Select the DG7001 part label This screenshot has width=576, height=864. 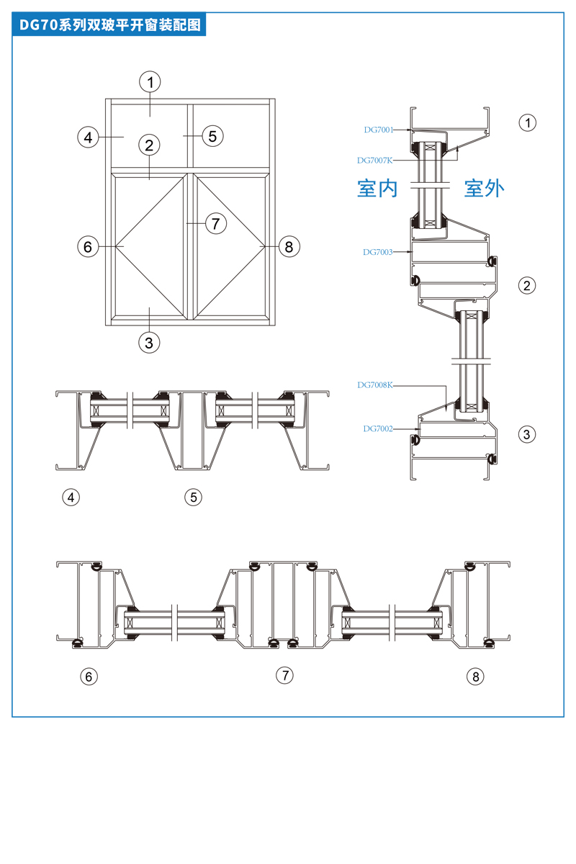coord(378,130)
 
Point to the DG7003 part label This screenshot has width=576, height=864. coord(378,252)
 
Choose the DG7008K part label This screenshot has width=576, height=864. coord(374,385)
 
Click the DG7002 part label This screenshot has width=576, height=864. coord(378,428)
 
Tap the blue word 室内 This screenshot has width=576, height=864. coord(377,189)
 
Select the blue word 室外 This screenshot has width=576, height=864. coord(484,189)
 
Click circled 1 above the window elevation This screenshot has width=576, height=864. coord(150,81)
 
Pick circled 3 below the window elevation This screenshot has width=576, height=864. coord(149,342)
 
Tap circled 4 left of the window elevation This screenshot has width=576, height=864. coord(88,137)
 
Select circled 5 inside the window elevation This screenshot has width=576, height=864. coord(212,135)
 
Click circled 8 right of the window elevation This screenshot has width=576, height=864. coord(289,247)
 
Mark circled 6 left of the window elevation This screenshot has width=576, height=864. coord(88,247)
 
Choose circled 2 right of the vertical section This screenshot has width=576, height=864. coord(528,286)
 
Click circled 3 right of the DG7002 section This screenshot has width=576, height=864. coord(528,434)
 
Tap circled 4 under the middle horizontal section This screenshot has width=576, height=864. coord(71,497)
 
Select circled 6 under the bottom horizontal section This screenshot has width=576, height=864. coord(89,677)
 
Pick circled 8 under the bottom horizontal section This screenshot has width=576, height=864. coord(475,677)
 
